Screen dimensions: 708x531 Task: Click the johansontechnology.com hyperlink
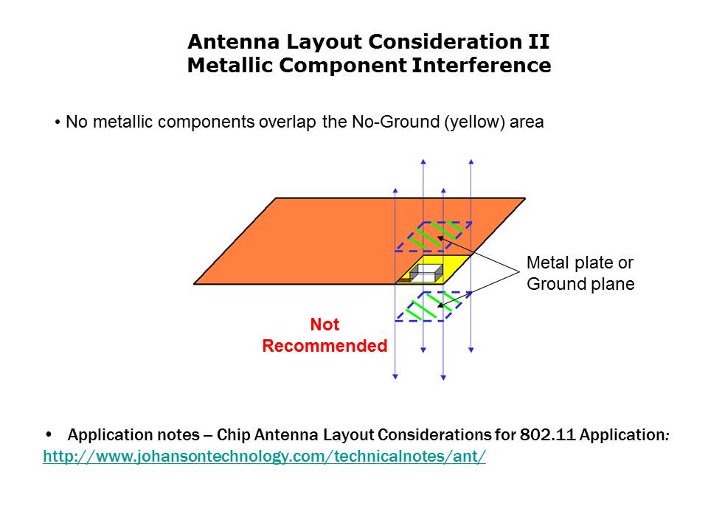[x=265, y=457]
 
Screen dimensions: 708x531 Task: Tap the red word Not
[x=324, y=324]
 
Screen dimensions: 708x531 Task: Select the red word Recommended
[x=324, y=346]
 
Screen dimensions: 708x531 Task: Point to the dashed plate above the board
[x=434, y=237]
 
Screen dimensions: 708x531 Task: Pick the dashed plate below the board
[x=434, y=307]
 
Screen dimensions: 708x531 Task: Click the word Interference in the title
[x=482, y=65]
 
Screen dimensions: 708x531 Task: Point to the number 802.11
[x=547, y=435]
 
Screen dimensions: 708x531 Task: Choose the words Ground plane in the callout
[x=580, y=285]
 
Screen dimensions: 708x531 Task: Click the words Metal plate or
[x=580, y=263]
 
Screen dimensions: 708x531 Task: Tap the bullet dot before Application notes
[x=49, y=435]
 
